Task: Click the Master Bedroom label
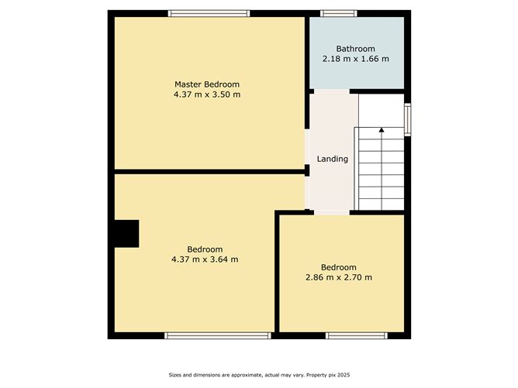(206, 84)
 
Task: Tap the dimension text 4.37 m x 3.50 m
(206, 94)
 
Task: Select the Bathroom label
(356, 49)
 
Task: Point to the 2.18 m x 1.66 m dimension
(356, 59)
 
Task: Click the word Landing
(333, 159)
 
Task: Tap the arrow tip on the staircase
(381, 129)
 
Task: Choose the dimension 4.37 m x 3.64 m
(205, 259)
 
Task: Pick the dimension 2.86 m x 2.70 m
(339, 277)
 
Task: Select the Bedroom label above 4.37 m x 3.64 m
(205, 249)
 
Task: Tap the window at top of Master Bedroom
(209, 13)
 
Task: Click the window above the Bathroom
(339, 13)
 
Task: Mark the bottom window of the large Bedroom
(218, 335)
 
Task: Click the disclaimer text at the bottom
(259, 376)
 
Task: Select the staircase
(381, 170)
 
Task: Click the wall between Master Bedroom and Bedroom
(208, 171)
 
